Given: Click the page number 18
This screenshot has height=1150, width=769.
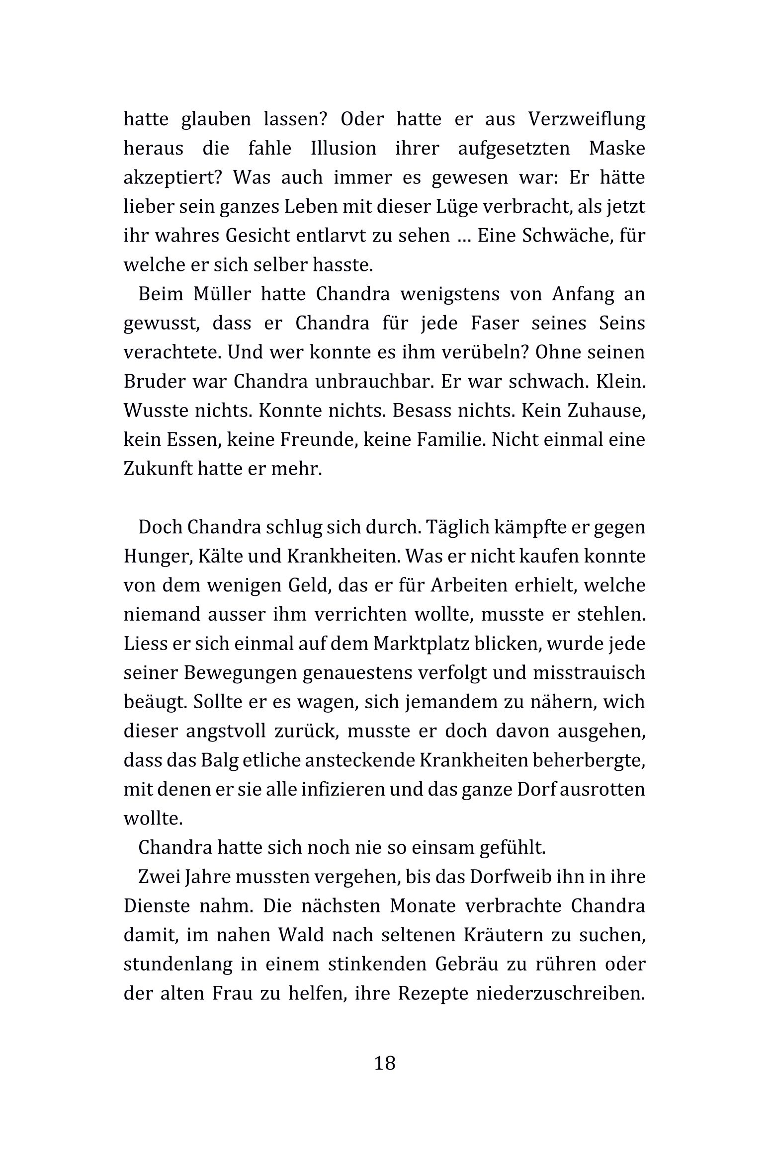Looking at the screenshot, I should point(384,1063).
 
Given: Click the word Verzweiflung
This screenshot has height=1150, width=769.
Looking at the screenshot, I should point(586,119).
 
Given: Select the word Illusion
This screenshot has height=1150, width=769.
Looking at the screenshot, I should point(343,149).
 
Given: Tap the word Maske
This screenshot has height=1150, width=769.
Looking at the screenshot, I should point(617,149).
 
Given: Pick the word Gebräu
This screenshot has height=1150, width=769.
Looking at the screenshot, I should point(465,964).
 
